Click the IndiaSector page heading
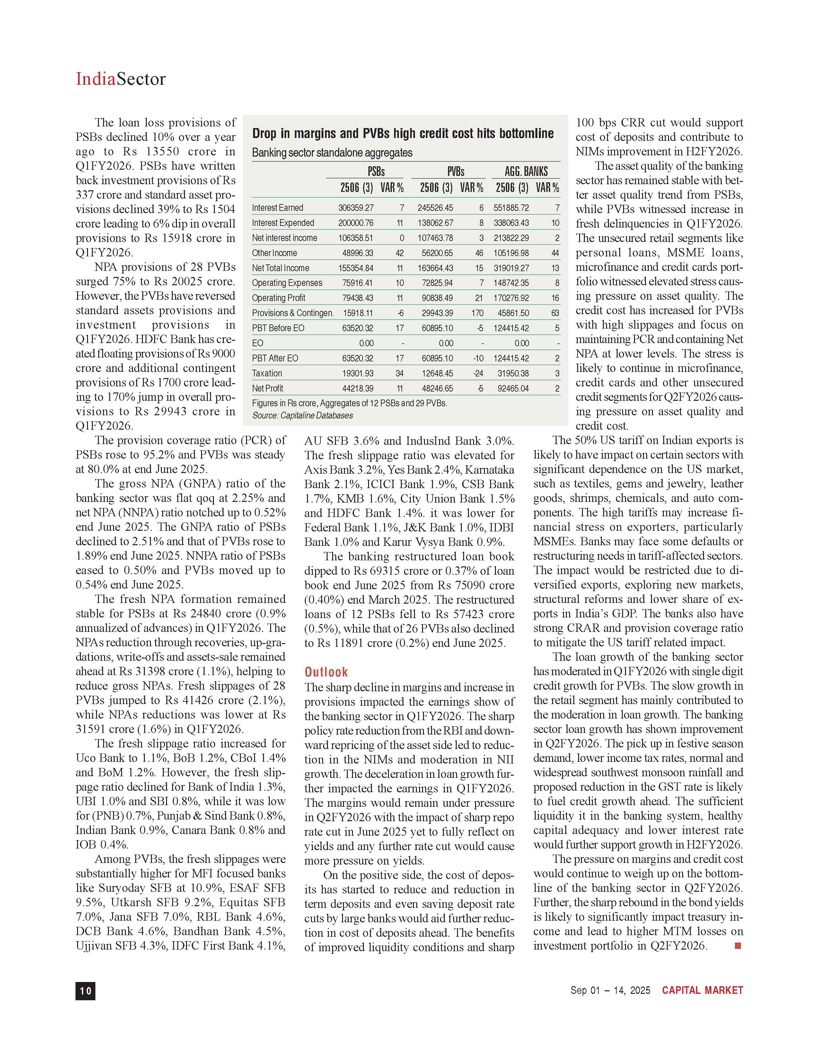tap(120, 79)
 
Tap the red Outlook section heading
tap(326, 672)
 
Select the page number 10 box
tap(85, 991)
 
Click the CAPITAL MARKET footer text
tap(702, 991)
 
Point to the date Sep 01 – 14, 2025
tap(610, 991)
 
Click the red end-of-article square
tap(738, 945)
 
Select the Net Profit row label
tap(267, 388)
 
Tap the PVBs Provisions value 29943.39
tap(435, 313)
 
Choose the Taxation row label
tap(267, 373)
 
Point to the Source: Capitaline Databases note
tap(302, 416)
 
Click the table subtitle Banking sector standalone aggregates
tap(332, 153)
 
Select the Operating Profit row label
tap(278, 298)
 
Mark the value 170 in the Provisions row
tap(477, 313)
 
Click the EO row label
tap(258, 343)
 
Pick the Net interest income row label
tap(284, 238)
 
